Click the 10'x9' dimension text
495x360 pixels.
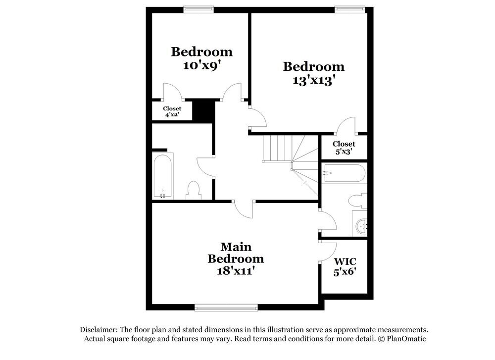[x=201, y=65]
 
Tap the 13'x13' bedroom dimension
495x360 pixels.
[x=313, y=80]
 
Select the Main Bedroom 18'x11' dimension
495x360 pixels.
[x=235, y=271]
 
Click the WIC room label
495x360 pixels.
[x=345, y=261]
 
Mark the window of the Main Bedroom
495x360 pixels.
[x=226, y=308]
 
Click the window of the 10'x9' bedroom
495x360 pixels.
[x=198, y=9]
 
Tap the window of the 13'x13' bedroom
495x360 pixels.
[x=349, y=9]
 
